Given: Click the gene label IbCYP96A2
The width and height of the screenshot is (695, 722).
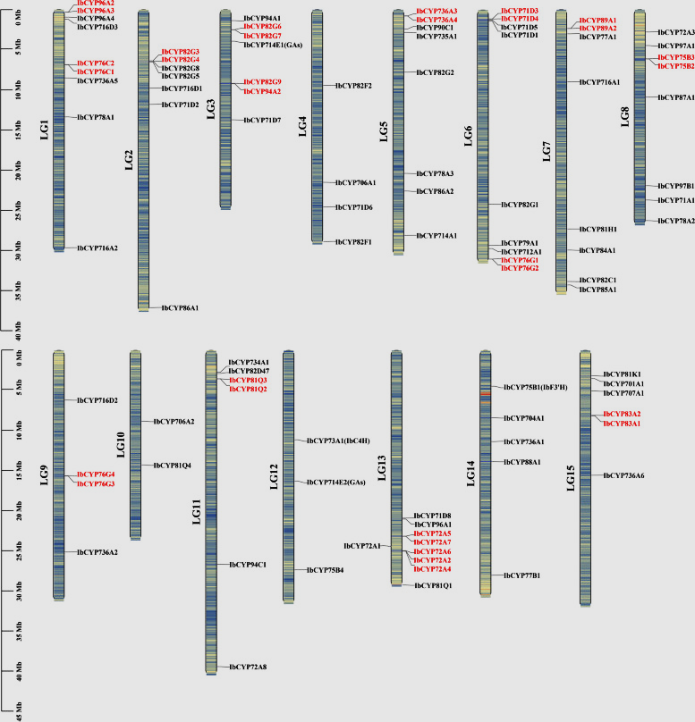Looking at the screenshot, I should point(96,4).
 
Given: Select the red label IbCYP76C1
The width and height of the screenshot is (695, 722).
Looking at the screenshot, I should point(96,71).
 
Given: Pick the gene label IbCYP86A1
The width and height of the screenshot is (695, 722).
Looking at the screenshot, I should point(180,307).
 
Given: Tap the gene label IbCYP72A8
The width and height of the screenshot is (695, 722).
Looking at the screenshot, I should point(248,667).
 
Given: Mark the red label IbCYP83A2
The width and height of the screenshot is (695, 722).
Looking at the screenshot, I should point(622,414).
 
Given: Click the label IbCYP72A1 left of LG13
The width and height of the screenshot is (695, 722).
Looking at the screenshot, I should point(362,545).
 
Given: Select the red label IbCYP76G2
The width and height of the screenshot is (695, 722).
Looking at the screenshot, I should point(520,268).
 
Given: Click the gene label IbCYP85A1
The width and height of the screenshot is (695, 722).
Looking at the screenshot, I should point(598,290).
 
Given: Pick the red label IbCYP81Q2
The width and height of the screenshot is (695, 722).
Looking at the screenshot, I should point(248,390).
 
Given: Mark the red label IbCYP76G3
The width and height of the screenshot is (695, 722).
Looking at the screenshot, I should point(96,483).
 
